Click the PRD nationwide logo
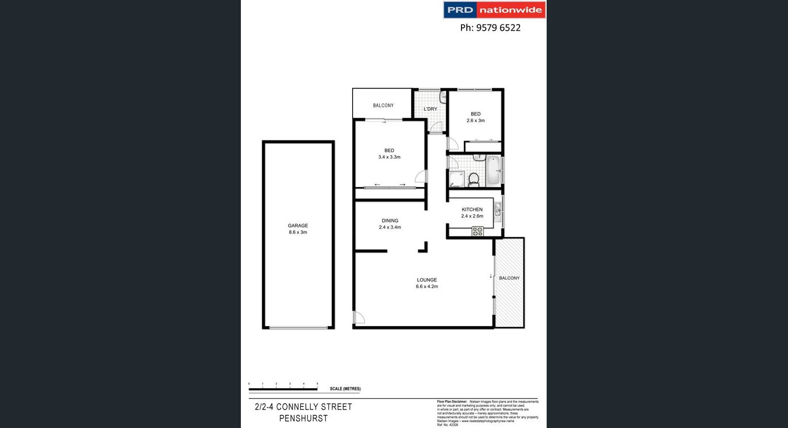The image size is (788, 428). point(494,10)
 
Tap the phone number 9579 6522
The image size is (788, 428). point(490,28)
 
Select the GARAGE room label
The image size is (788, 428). point(298,226)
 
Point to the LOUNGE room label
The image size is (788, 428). point(427,280)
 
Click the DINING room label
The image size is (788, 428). point(390,221)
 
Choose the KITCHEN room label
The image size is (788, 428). point(472,209)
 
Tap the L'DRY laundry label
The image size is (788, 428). point(430,109)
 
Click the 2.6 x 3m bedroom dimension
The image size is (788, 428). point(476,121)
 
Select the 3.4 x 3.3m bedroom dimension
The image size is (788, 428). point(389,157)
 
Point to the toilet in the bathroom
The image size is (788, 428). point(474,179)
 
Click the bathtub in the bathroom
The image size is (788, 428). point(493,170)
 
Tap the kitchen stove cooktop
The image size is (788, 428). point(477,231)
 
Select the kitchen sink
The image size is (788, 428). point(498,209)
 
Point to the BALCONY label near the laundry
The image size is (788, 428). point(383,105)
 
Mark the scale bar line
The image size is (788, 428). point(283,390)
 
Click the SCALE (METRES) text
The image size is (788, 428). point(345,389)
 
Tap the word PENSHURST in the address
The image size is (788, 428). point(303,418)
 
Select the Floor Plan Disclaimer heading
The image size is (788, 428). point(452,402)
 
